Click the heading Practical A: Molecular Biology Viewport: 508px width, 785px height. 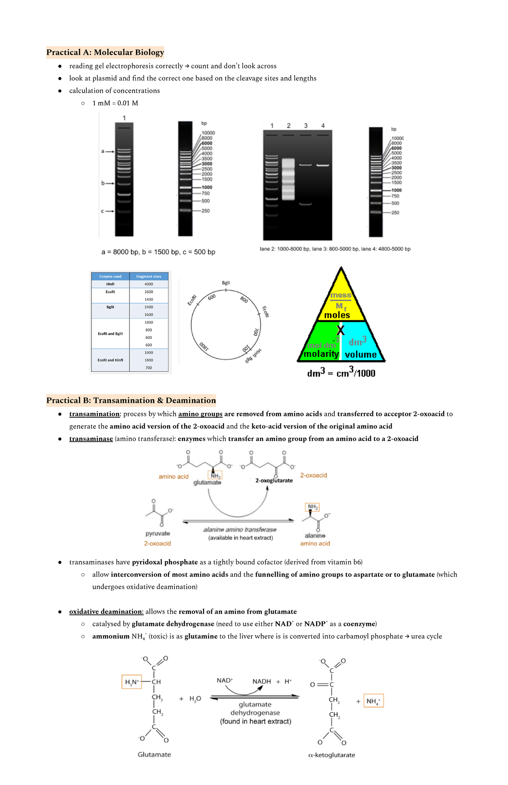105,52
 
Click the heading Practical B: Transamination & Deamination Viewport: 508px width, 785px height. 131,400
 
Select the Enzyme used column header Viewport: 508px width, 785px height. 110,277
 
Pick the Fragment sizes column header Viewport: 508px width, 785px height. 149,277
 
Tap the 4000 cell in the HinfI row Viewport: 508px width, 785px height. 149,284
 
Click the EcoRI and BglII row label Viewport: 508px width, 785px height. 110,334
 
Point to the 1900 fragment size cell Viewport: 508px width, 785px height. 149,353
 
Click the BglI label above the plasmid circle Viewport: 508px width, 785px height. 226,283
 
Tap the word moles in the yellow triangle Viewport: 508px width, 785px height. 337,315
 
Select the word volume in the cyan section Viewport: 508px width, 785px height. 361,355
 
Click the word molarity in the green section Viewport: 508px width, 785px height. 321,354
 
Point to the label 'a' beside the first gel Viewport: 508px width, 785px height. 102,151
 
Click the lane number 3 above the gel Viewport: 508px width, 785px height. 306,126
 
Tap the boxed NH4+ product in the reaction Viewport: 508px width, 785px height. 373,701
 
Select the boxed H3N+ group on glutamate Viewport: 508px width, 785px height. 132,682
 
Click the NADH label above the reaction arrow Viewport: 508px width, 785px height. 262,681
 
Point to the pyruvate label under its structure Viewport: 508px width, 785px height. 157,534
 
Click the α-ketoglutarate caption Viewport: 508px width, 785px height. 331,755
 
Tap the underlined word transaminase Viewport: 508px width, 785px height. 91,439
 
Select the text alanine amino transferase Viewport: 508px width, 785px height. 240,530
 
